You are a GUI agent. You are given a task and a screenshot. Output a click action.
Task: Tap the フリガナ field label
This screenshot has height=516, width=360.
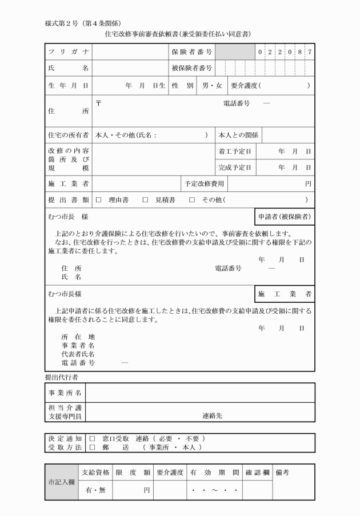tap(68, 52)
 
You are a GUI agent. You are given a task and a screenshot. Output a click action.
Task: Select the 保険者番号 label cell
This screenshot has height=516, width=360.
tap(192, 52)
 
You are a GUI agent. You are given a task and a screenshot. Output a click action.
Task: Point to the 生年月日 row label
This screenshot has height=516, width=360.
tap(68, 86)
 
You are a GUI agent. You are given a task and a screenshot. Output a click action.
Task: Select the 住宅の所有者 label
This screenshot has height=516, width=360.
tap(68, 136)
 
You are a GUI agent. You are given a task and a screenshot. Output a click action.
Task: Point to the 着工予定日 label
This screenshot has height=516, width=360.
tap(235, 151)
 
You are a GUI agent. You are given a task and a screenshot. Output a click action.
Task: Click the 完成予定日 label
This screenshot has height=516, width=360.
tap(235, 167)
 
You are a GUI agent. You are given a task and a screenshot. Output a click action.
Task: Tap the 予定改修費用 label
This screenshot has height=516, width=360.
tap(204, 184)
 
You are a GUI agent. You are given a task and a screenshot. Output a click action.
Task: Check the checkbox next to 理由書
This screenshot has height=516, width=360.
tap(98, 200)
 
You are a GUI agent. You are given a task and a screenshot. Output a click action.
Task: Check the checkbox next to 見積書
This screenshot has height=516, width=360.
tap(145, 200)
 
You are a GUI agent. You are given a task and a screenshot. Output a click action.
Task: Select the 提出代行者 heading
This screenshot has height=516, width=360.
tap(62, 378)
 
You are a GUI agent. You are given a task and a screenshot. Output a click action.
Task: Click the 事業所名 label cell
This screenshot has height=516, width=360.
tap(65, 393)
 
